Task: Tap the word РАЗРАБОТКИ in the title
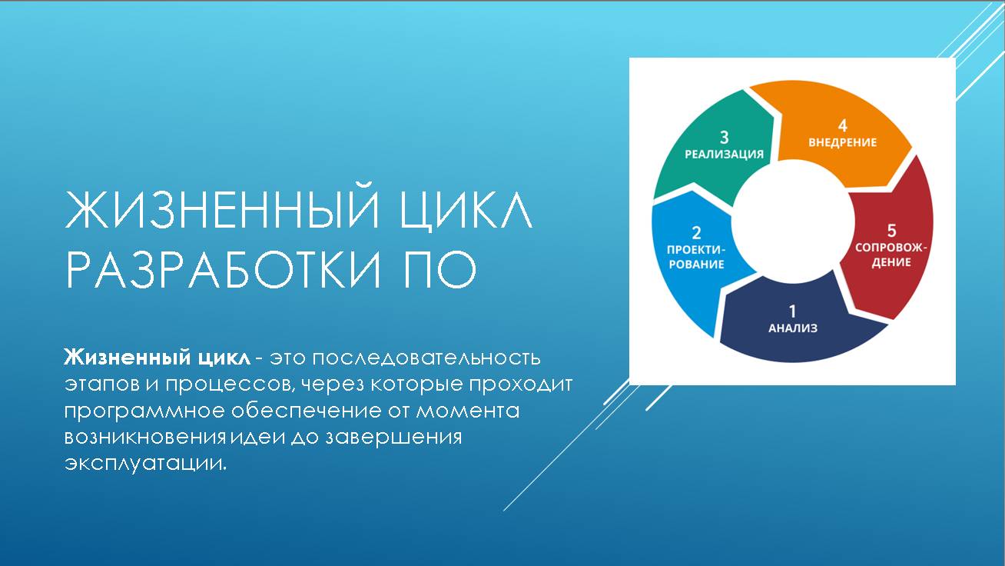223,269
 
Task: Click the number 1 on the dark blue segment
793,311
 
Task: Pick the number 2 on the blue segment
696,232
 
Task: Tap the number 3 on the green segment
724,137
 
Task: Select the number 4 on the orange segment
842,125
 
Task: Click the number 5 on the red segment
891,230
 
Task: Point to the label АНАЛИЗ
793,328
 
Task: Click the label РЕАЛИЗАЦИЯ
724,154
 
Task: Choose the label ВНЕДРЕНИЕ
842,142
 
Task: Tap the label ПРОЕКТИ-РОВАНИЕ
696,257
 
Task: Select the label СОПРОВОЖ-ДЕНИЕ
891,255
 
